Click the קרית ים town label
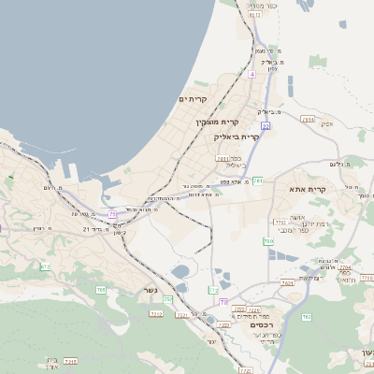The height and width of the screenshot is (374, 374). tap(193, 99)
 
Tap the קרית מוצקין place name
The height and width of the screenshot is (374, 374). tap(217, 122)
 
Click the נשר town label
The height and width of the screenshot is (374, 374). tap(149, 289)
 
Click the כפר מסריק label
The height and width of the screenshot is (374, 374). tap(260, 6)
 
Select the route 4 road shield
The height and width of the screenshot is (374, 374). tap(252, 73)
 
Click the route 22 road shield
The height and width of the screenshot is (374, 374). tap(266, 125)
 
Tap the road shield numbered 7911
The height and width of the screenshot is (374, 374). tap(222, 159)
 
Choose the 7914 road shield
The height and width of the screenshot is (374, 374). tap(308, 119)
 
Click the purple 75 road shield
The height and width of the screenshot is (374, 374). tap(113, 214)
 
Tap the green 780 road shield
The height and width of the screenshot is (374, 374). tap(268, 241)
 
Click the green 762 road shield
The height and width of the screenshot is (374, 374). tap(306, 318)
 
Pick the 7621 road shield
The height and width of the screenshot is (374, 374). tap(286, 281)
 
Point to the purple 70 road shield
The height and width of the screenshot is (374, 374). tap(224, 302)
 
